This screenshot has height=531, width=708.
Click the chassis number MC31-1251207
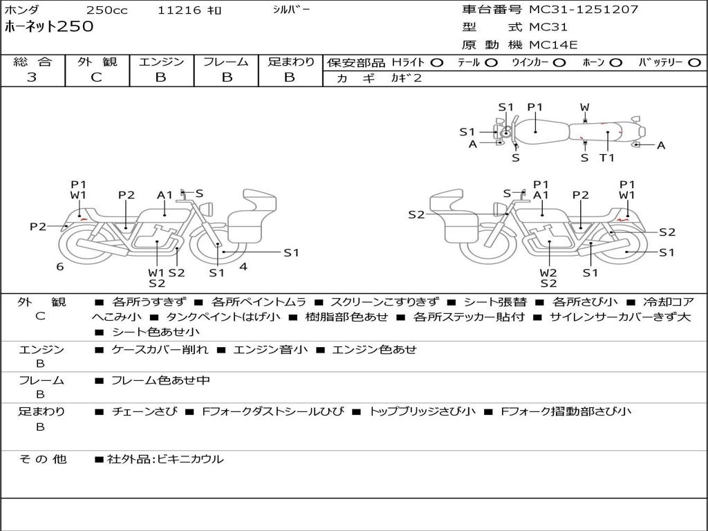[x=584, y=9]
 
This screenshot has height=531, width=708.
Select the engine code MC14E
[x=552, y=45]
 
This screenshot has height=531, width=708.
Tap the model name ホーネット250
[x=49, y=26]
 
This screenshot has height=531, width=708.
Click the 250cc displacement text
[x=107, y=10]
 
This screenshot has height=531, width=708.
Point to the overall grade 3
[x=31, y=77]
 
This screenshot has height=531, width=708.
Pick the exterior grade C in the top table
[x=96, y=77]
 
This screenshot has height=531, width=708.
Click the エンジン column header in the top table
[x=161, y=62]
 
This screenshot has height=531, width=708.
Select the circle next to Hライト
[x=437, y=63]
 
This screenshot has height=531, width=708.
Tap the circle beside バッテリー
[x=694, y=63]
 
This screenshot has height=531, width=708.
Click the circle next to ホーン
[x=616, y=63]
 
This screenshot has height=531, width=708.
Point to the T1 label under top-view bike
[x=607, y=158]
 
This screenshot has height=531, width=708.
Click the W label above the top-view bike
[x=585, y=107]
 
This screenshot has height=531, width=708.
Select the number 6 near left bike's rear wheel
[x=60, y=267]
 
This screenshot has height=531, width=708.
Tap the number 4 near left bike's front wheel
[x=243, y=267]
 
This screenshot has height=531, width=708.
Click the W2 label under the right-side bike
[x=548, y=272]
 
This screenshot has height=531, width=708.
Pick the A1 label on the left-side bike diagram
[x=165, y=195]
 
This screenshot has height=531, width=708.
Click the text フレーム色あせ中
[x=160, y=380]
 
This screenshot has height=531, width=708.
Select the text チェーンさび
[x=145, y=411]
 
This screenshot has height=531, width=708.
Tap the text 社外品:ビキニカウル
[x=165, y=459]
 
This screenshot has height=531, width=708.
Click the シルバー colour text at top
[x=291, y=10]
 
